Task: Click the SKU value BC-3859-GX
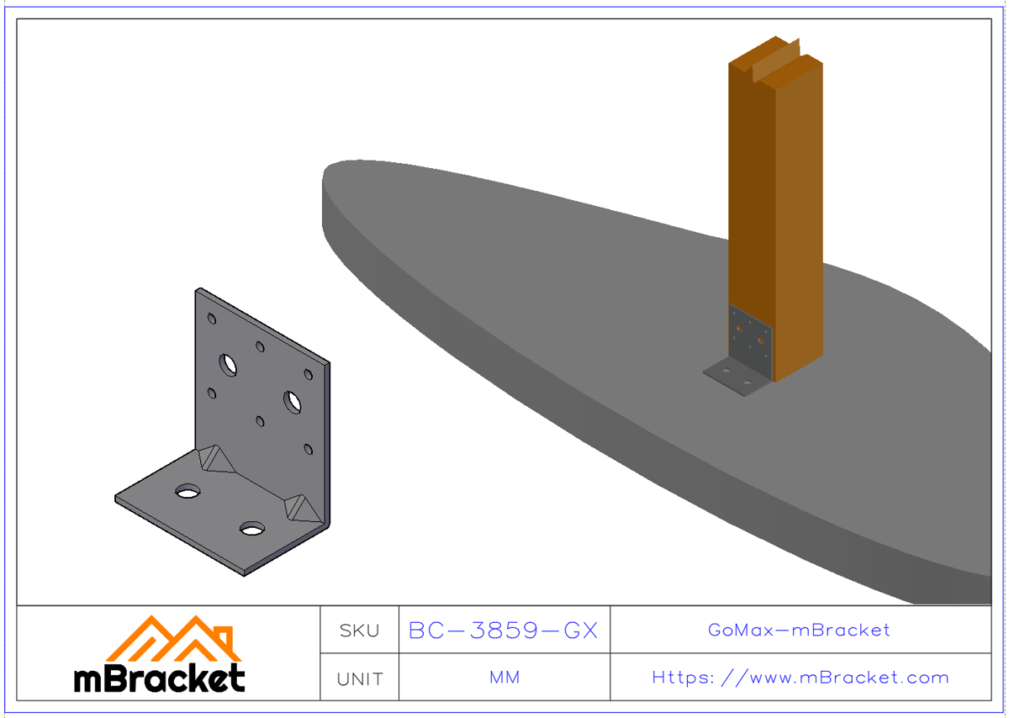503,631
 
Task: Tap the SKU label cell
359,631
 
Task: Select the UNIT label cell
359,678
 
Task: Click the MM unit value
504,678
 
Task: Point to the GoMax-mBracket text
799,630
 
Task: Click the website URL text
800,678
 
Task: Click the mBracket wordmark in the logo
160,678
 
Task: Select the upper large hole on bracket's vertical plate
228,365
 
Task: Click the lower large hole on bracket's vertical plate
293,402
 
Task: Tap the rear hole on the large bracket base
188,491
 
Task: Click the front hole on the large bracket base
251,529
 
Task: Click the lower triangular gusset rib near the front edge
300,506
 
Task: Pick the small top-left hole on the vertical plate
212,319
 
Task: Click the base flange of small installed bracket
734,377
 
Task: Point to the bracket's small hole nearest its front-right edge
309,450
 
